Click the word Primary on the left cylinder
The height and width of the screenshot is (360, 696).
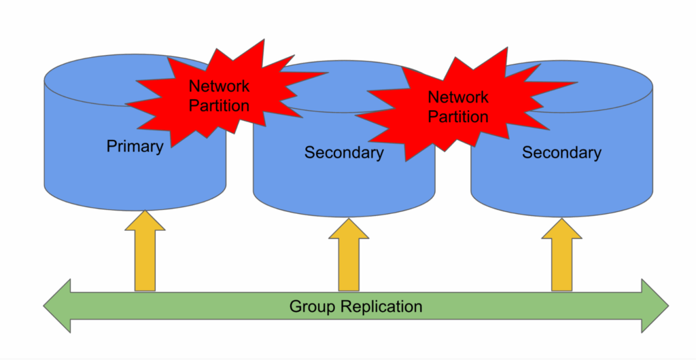[x=135, y=146]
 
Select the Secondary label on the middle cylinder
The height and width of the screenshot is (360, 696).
[x=344, y=153]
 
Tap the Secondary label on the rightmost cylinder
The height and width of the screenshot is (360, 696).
[x=561, y=153]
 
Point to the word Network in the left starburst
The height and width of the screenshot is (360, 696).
[x=219, y=87]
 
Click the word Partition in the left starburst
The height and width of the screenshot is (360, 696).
[x=219, y=106]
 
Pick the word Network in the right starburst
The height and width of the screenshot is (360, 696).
[x=458, y=98]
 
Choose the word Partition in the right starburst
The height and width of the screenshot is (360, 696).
[x=458, y=117]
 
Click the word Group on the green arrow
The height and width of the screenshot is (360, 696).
[x=313, y=306]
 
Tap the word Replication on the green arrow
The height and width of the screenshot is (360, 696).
[x=379, y=306]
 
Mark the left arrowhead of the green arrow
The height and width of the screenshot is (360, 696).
[x=57, y=306]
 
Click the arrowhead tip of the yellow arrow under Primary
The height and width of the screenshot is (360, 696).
[x=145, y=212]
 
